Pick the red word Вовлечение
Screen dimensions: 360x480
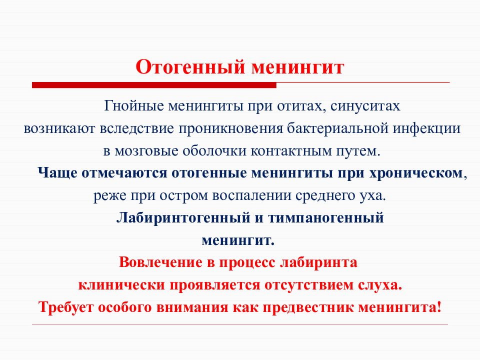pos(157,262)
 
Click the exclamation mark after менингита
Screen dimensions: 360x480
pos(438,306)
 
